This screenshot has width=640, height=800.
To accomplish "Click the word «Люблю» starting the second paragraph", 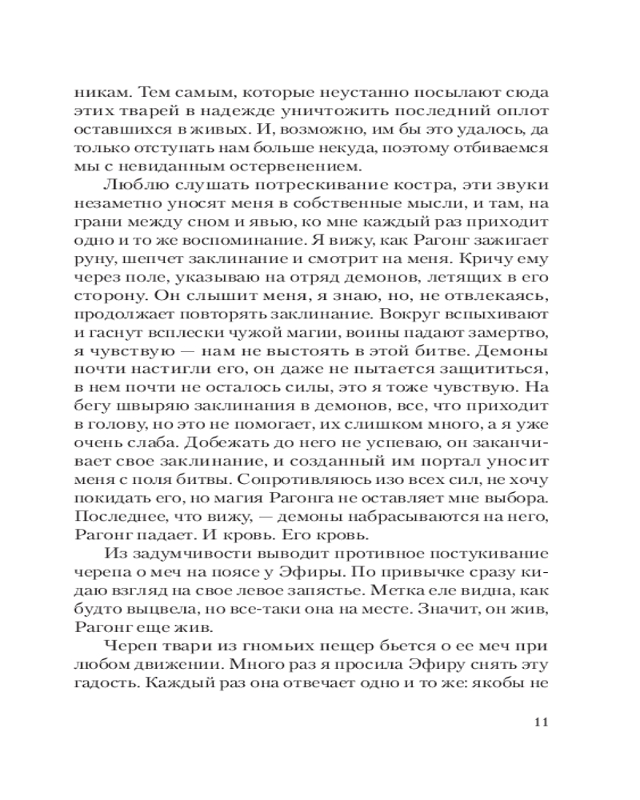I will [129, 186].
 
